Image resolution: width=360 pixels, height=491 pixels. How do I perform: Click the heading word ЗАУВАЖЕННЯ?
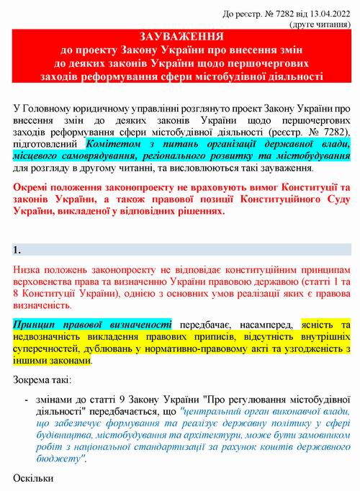point(181,36)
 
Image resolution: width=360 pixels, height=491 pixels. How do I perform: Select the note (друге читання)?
point(320,22)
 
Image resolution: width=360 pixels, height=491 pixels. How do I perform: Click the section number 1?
point(17,250)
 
